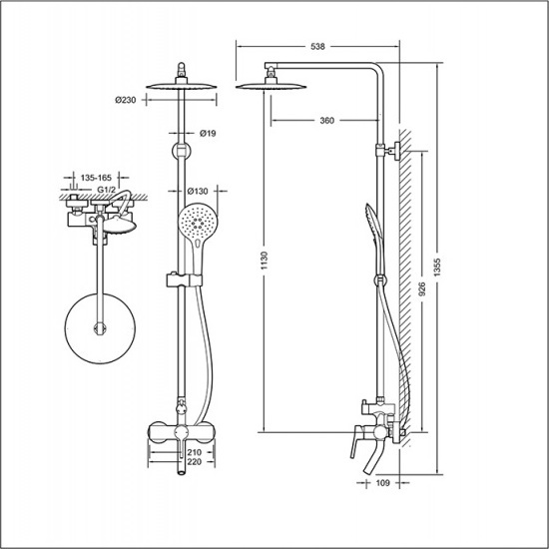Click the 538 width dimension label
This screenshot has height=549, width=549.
pos(317,47)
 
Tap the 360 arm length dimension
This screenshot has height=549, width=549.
pos(327,121)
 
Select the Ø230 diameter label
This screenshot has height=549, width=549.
pos(126,100)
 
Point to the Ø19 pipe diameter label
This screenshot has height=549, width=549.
pos(208,133)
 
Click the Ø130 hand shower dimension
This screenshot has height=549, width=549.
pos(198,192)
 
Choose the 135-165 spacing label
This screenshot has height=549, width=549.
pos(96,178)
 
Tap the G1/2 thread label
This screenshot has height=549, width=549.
pos(106,190)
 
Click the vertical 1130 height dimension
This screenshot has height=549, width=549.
pos(265,261)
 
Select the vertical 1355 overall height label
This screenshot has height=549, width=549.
pos(437,268)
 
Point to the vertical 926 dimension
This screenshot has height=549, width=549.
pos(422,289)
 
